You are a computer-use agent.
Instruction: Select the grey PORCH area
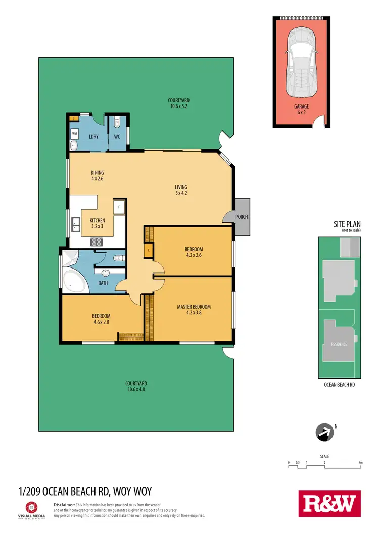[242, 217]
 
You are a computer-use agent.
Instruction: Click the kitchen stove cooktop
[97, 243]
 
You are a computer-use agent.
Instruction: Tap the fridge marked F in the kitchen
[119, 207]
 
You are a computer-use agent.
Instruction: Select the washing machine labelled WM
[75, 133]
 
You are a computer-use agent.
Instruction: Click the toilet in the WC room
[117, 122]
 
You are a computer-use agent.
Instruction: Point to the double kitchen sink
[76, 224]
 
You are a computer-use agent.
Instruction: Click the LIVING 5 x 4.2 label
[181, 190]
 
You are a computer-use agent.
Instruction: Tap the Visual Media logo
[31, 509]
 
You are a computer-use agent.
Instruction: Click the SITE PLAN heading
[347, 224]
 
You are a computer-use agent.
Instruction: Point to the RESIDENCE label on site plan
[339, 344]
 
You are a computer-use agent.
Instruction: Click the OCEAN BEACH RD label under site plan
[340, 385]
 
